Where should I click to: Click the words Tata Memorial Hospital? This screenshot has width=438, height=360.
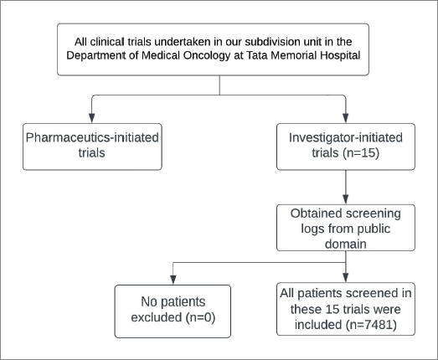303,55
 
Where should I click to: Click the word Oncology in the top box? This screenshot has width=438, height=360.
206,56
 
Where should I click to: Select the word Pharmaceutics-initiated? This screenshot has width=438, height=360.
92,137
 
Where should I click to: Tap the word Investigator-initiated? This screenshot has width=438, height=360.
346,137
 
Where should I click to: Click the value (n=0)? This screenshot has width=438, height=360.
200,317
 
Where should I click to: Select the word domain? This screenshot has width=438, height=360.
346,244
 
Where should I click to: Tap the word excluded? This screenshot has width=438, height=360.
157,317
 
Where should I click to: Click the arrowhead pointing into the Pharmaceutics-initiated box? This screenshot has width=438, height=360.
91,118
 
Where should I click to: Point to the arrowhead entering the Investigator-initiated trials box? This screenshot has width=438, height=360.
346,118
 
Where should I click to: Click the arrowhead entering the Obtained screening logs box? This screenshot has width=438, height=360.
346,199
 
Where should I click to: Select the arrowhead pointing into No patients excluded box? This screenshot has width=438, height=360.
173,280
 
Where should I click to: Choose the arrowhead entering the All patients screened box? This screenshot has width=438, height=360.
346,278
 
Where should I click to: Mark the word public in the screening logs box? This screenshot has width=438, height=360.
374,229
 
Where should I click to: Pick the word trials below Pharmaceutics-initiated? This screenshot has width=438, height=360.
91,153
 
